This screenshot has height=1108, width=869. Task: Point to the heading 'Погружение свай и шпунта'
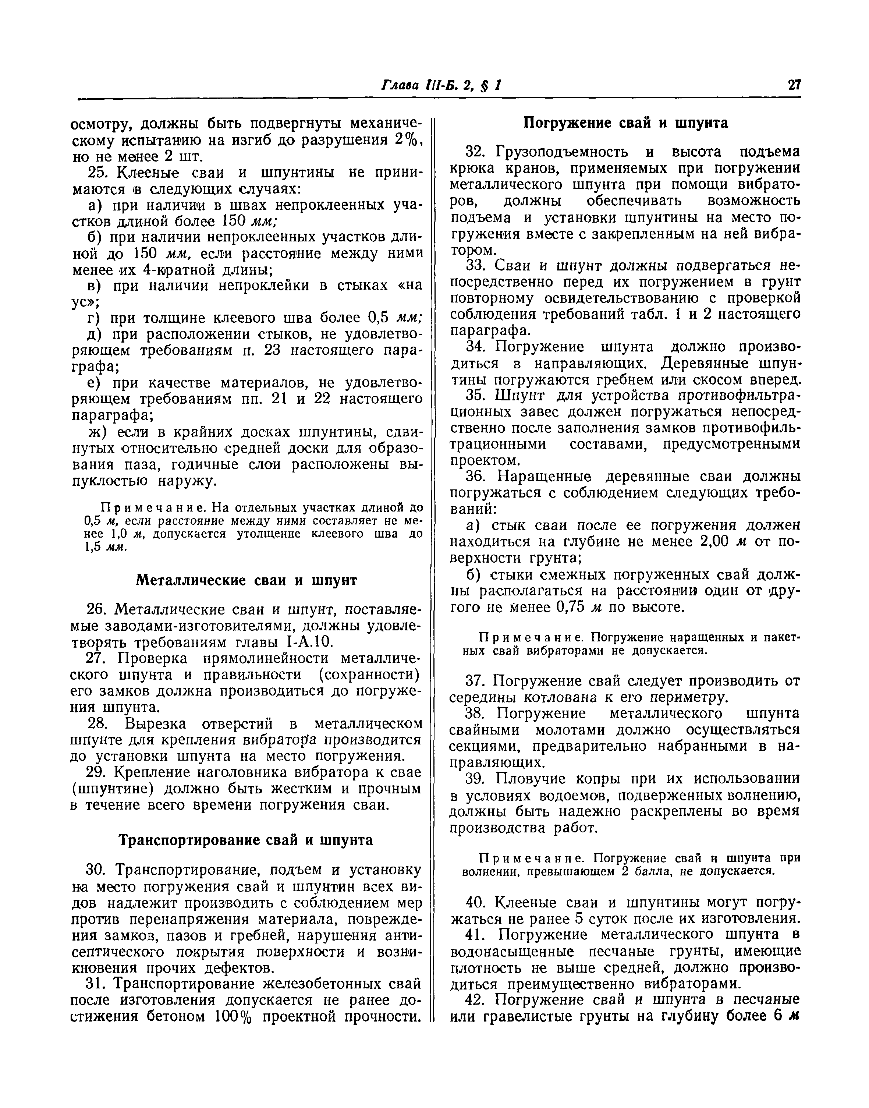tap(626, 123)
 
